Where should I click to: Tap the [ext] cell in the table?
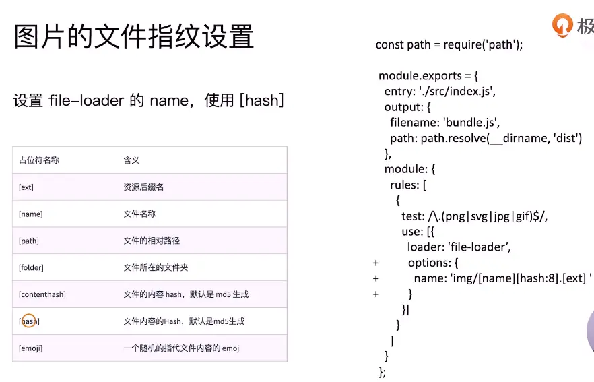26,187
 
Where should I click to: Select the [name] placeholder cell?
30,214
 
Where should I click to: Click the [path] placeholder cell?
29,241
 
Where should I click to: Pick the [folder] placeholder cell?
31,267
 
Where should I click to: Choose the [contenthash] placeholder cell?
42,294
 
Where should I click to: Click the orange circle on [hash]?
29,321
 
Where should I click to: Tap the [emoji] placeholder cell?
30,348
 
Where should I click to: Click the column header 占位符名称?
39,160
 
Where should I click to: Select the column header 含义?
131,160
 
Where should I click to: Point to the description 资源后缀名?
143,187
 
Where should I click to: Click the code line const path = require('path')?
449,44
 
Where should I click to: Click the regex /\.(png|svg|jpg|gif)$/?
492,216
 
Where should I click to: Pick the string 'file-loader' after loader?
480,247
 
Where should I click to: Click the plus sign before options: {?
376,263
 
